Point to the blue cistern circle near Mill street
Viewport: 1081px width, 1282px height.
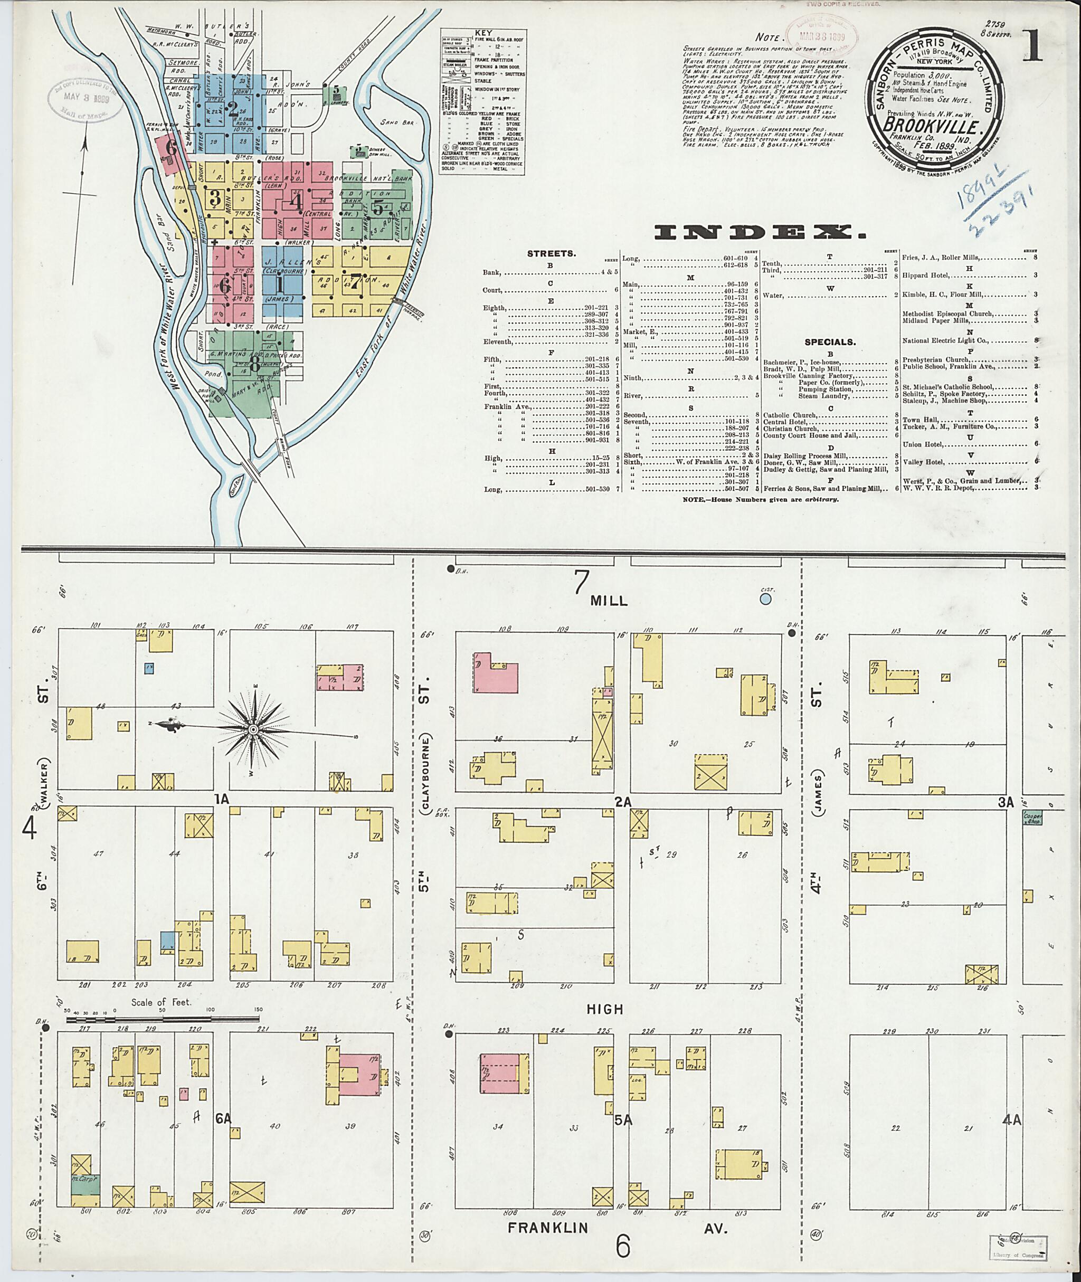(x=765, y=597)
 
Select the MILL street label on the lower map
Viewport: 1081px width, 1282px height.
(x=609, y=601)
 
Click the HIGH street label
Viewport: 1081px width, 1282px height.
(x=605, y=1009)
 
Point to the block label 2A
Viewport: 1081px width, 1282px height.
(x=623, y=801)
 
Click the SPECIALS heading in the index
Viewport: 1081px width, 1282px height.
(x=830, y=343)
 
